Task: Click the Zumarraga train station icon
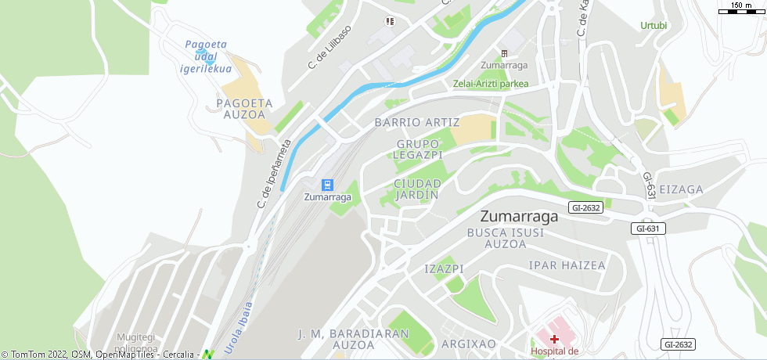coord(327,185)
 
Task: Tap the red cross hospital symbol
coord(554,339)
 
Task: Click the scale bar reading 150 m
coord(741,7)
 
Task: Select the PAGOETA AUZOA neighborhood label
coord(244,108)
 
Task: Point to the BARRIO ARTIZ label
coord(416,123)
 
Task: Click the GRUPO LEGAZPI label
coord(420,149)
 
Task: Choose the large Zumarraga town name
coord(520,217)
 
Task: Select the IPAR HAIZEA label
coord(567,265)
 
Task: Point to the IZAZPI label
coord(444,268)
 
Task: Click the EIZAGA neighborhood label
coord(681,189)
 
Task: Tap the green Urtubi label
coord(654,25)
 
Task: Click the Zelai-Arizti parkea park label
coord(490,84)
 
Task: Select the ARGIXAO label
coord(469,344)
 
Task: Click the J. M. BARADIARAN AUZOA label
coord(354,339)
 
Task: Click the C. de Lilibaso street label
coord(329,48)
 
